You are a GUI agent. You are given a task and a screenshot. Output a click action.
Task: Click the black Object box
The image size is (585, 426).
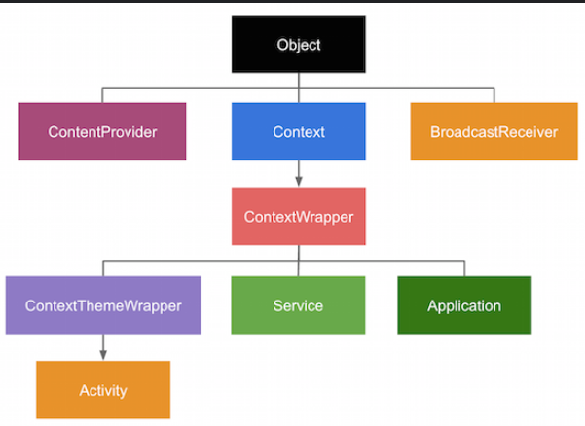[x=299, y=44]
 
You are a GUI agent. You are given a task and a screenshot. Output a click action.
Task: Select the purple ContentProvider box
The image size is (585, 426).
[x=102, y=131]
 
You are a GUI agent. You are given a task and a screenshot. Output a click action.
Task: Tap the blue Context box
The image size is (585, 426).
[x=299, y=131]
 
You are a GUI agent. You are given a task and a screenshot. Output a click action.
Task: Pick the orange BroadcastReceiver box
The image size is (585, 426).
[x=494, y=131]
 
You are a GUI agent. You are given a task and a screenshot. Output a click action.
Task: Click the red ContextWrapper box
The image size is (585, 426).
[x=299, y=216]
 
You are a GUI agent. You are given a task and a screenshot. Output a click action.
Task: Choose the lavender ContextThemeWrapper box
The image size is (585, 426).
[x=103, y=305]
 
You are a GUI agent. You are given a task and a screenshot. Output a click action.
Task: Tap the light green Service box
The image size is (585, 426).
[x=298, y=305]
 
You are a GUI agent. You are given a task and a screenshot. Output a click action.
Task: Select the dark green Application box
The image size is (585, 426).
[x=464, y=305]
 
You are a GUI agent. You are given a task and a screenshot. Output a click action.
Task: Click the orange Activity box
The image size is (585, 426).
[x=103, y=390]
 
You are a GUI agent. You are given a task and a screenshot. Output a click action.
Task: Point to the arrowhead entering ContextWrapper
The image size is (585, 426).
[x=299, y=182]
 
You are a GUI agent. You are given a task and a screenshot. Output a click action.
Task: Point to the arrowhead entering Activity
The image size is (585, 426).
[x=103, y=355]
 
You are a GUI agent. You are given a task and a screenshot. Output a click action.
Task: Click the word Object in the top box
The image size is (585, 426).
[x=299, y=45]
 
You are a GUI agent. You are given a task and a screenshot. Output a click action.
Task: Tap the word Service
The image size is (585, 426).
[x=298, y=306]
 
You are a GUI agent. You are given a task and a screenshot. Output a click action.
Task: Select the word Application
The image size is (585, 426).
[x=464, y=306]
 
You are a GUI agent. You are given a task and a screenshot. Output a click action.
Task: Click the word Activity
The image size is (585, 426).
[x=103, y=391]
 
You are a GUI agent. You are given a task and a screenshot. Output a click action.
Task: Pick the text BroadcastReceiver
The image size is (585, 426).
[x=494, y=132]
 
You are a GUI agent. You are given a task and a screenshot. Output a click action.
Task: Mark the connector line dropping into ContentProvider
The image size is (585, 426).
[x=102, y=95]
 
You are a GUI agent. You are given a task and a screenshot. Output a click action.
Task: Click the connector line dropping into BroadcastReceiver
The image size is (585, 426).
[x=494, y=95]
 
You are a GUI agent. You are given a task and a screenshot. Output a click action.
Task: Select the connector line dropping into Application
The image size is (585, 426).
[x=464, y=268]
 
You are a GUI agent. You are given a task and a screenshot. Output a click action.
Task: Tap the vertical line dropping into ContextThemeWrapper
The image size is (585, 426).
[x=103, y=268]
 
